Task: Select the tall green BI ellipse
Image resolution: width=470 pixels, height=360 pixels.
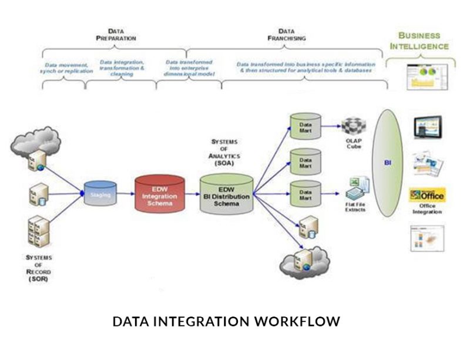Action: [388, 162]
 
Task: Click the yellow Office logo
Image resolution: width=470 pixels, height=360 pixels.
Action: [427, 194]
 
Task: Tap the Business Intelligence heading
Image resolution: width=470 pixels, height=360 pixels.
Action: [423, 41]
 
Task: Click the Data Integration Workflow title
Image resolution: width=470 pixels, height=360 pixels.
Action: [226, 322]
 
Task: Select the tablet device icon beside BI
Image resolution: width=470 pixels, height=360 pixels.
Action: [428, 127]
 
